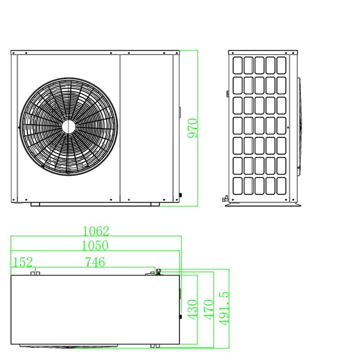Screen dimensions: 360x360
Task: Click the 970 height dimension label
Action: click(192, 128)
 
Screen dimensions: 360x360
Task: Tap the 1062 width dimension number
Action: click(96, 231)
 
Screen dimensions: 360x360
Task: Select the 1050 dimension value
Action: click(95, 245)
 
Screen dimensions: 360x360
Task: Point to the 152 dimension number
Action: click(23, 262)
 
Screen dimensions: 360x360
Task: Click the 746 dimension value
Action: click(95, 262)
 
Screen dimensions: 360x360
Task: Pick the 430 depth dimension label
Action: click(192, 309)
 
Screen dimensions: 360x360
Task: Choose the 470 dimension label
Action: click(209, 309)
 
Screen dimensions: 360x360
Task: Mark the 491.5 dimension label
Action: click(224, 308)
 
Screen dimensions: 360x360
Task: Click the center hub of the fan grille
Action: click(69, 127)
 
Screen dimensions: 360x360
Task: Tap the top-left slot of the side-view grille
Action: click(237, 65)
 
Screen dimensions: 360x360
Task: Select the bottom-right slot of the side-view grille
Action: click(281, 186)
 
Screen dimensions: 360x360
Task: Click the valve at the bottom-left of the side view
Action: click(225, 199)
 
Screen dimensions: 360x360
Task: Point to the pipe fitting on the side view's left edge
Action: click(228, 94)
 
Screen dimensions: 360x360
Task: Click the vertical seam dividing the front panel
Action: click(120, 128)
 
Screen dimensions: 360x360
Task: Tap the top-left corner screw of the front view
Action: click(14, 53)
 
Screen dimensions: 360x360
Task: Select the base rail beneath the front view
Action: click(95, 204)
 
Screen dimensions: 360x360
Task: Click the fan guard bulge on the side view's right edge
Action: click(299, 127)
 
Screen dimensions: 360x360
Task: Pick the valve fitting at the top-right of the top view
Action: click(158, 272)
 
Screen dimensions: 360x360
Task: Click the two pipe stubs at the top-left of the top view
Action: click(35, 273)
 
